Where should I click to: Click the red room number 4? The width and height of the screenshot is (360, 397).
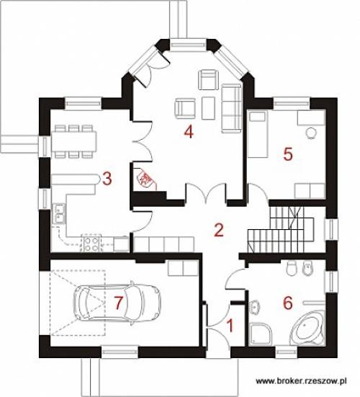[x=189, y=132]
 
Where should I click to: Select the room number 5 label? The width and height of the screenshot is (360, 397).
[x=288, y=154]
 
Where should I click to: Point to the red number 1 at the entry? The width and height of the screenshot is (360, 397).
[x=230, y=326]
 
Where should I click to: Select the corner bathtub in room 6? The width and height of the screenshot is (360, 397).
[x=307, y=329]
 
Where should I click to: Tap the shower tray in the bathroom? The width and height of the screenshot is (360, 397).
[x=261, y=334]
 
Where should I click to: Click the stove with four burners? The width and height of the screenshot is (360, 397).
[x=91, y=244]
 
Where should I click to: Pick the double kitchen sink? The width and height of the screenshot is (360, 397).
[x=59, y=213]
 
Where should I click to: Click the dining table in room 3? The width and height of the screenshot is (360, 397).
[x=74, y=140]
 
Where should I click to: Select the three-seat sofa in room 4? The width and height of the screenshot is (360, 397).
[x=231, y=108]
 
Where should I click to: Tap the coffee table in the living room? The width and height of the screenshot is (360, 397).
[x=209, y=108]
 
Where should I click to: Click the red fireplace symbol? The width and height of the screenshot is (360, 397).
[x=145, y=179]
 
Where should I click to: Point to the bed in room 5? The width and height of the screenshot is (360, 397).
[x=258, y=133]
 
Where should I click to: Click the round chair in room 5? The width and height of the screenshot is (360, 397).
[x=310, y=133]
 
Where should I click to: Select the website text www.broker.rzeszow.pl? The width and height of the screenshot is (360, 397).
[x=301, y=381]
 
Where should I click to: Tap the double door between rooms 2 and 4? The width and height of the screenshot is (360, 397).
[x=206, y=192]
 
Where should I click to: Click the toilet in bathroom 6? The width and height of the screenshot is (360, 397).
[x=292, y=267]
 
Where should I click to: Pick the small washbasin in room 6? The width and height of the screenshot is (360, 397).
[x=255, y=307]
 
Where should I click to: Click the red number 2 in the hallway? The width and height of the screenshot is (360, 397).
[x=219, y=230]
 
